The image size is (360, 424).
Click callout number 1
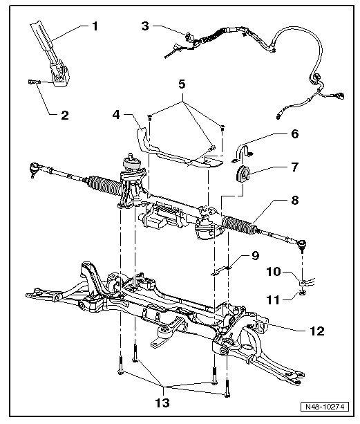point(95,26)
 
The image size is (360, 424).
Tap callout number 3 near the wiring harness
point(145,26)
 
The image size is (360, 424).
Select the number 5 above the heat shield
point(182,84)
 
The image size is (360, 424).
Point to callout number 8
point(294,201)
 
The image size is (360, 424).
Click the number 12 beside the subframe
point(316,331)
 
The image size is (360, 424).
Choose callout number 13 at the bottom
point(162,403)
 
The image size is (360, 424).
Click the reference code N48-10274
point(325,407)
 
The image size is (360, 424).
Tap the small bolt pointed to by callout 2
point(35,82)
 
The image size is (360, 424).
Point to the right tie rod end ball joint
point(302,244)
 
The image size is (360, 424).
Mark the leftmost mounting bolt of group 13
point(120,365)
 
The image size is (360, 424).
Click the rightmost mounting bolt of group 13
point(227,387)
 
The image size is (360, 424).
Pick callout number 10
point(274,272)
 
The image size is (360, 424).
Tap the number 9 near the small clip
point(255,256)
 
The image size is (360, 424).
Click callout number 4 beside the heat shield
point(116,115)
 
